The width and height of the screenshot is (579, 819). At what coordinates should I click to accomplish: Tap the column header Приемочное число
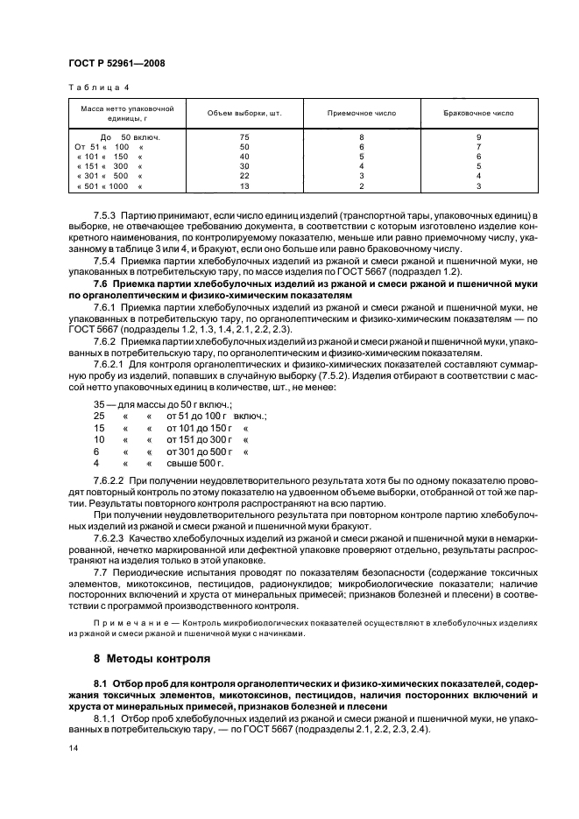tap(361, 114)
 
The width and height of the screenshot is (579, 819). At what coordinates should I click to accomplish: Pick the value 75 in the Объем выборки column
tap(244, 138)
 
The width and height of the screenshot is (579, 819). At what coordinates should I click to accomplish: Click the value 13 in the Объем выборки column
tap(244, 186)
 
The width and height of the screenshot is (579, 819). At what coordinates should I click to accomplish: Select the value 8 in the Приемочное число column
tap(361, 138)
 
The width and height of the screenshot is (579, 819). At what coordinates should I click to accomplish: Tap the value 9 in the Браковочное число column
tap(478, 138)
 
